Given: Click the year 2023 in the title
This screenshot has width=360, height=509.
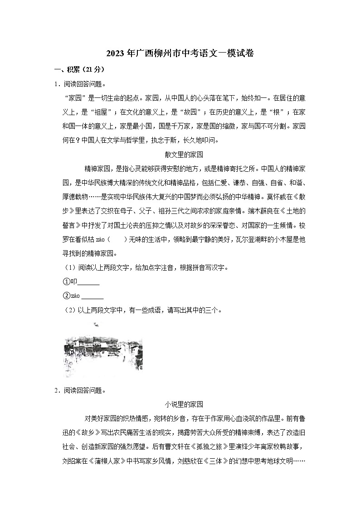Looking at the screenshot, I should click(115, 53).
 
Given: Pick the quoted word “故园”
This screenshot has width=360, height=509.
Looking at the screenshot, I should click(195, 112).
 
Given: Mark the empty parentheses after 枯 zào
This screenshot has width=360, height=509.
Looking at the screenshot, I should click(120, 239).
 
